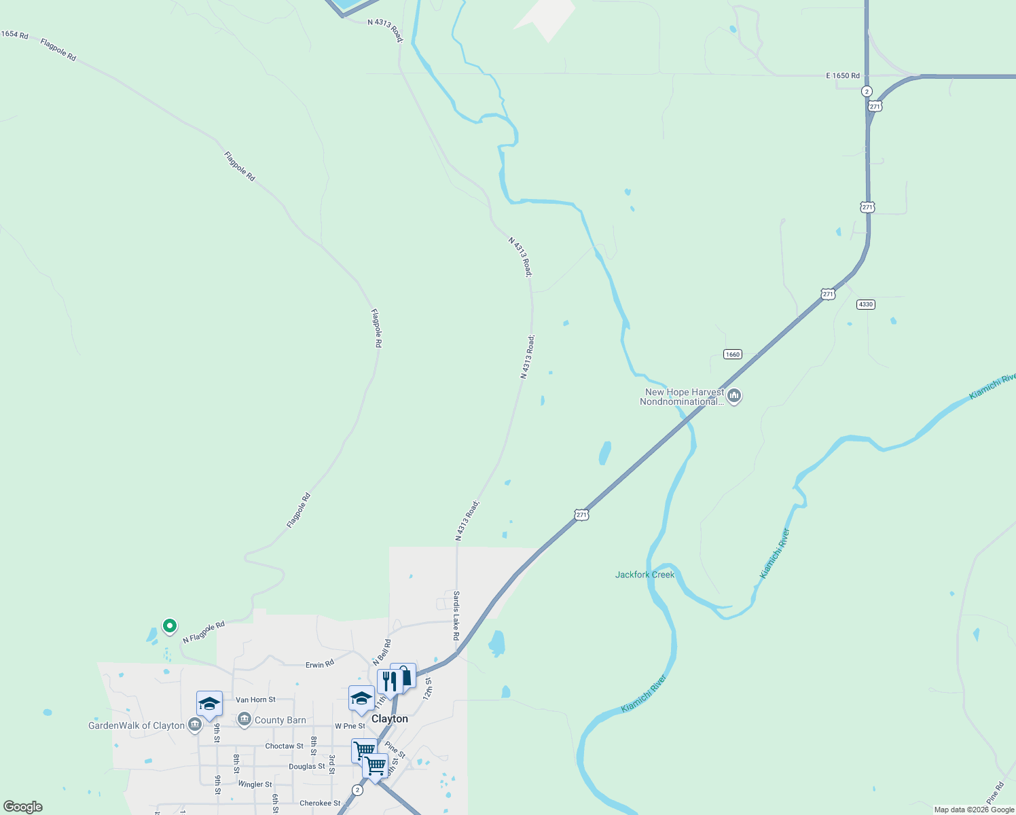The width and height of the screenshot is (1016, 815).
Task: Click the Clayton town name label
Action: point(390,719)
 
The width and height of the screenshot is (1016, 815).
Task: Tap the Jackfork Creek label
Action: point(645,575)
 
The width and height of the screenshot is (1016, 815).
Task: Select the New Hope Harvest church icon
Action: point(733,396)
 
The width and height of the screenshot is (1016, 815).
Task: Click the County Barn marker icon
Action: point(244,719)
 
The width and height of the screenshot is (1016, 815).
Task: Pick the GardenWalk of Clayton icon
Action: point(195,725)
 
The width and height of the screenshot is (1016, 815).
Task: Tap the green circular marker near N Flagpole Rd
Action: point(170,626)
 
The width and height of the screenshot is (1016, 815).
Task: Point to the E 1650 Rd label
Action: point(843,75)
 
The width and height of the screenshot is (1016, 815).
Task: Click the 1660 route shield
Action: point(732,355)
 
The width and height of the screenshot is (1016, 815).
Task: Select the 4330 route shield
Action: point(865,304)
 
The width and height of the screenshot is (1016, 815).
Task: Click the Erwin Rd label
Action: point(320,664)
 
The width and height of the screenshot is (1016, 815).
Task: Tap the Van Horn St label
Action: point(255,700)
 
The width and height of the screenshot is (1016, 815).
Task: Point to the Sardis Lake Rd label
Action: point(456,615)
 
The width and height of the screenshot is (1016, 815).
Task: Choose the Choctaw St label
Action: point(284,746)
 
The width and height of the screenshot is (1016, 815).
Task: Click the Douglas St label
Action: point(307,766)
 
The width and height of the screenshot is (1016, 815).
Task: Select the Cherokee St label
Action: point(320,803)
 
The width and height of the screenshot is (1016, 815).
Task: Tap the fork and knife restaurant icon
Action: point(389,681)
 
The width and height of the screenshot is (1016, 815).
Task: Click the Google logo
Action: point(23,807)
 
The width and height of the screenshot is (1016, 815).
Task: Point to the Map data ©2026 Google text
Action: point(974,810)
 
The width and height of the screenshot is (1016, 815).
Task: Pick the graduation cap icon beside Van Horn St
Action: point(209,704)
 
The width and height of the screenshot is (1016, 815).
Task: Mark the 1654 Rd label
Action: point(14,35)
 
